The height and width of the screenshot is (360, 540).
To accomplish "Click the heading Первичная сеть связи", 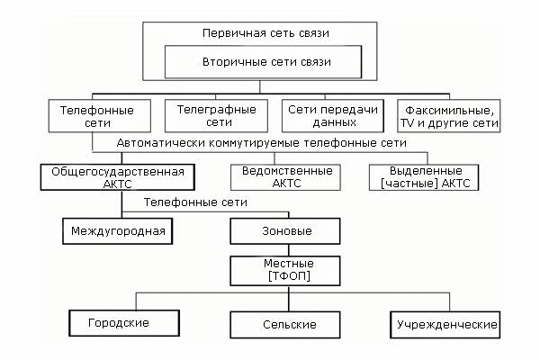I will pyautogui.click(x=265, y=33).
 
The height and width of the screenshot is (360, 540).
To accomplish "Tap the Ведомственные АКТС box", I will pyautogui.click(x=282, y=175).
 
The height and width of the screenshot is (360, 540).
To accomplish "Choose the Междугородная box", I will pyautogui.click(x=118, y=231).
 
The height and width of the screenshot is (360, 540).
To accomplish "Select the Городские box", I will pyautogui.click(x=118, y=321).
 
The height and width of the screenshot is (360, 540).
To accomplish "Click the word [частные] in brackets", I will pyautogui.click(x=412, y=182).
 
